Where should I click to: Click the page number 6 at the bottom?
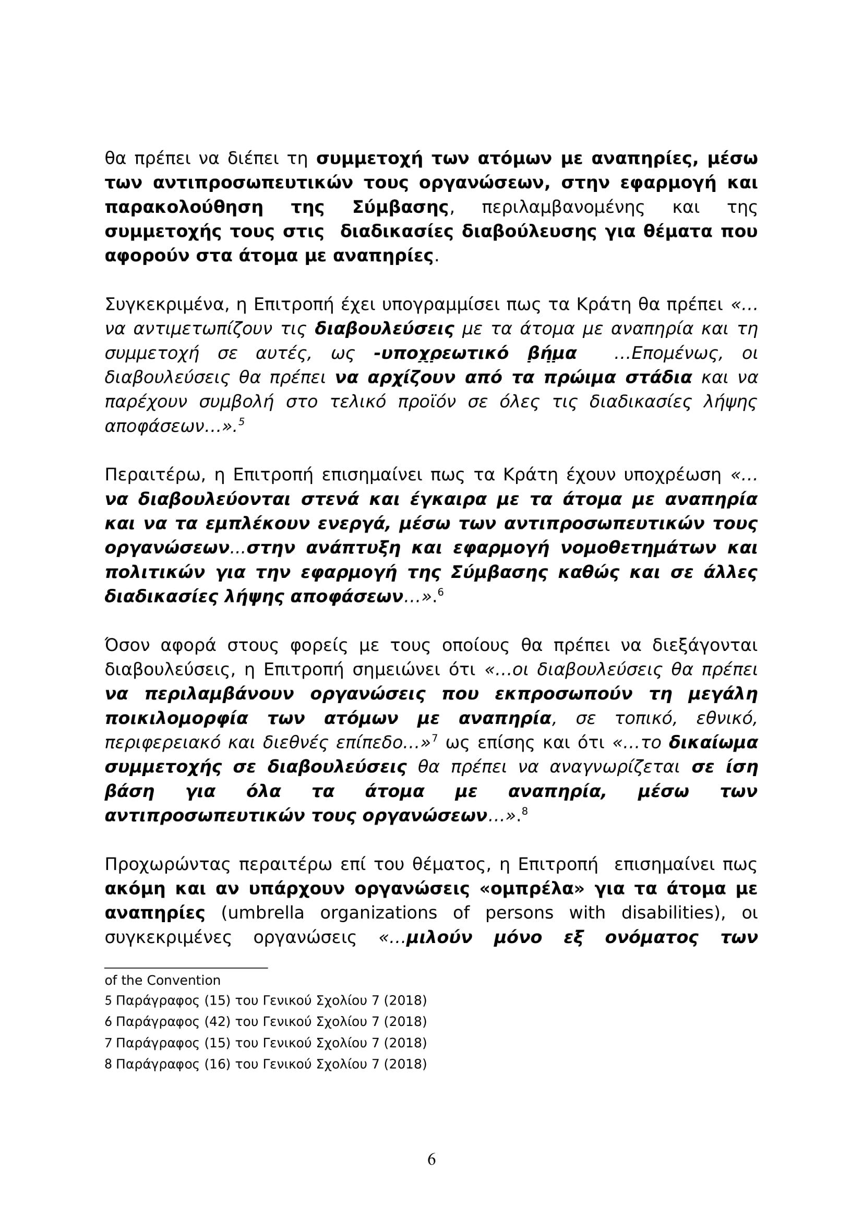(431, 1159)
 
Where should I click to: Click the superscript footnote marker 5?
(241, 422)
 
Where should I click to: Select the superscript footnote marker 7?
(434, 738)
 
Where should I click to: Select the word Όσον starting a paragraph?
(128, 646)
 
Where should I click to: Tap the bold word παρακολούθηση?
(184, 208)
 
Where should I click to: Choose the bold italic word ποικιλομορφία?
(177, 719)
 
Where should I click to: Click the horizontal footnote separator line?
(186, 968)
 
